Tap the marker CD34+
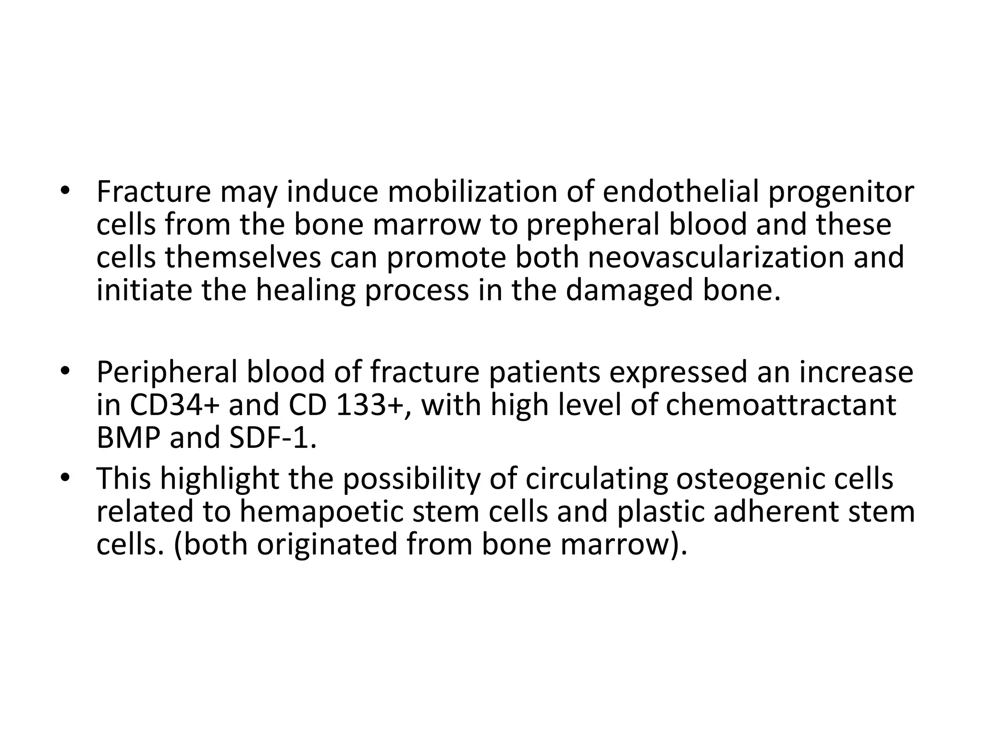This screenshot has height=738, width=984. coord(174,405)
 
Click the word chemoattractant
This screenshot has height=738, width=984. coord(781,405)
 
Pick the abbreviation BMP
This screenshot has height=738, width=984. coord(129,438)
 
